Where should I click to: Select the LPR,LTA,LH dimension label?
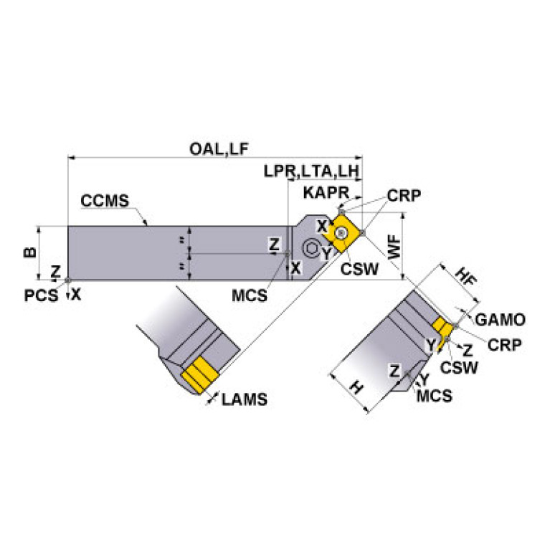[310, 172]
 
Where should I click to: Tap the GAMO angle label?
[501, 320]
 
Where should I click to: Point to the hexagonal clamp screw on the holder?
[311, 249]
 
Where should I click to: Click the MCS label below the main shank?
[250, 295]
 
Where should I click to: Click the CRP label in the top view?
[403, 196]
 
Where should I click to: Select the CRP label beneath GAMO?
[504, 344]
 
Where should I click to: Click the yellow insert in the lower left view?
[200, 374]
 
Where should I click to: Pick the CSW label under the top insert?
[356, 269]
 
